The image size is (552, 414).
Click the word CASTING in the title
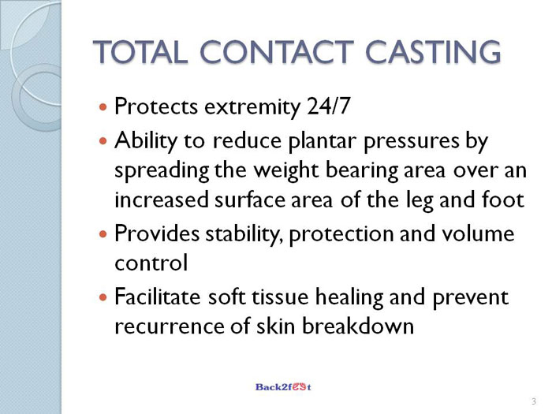point(433,52)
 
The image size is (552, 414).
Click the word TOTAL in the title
point(140,52)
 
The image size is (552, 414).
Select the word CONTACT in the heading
point(277,52)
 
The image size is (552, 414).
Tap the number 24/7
point(329,106)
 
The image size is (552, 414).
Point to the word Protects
point(156,106)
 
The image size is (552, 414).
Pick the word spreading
point(162,171)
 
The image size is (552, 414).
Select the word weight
point(285,171)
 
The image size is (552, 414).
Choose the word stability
point(242,234)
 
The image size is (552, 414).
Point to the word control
point(151,263)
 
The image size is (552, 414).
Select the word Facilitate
point(158,297)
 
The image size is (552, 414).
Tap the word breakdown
point(358,326)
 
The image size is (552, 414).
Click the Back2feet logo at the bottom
point(283,387)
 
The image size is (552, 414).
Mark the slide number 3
point(534,401)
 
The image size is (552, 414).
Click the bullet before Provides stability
point(103,233)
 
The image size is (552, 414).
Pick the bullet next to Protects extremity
point(103,106)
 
